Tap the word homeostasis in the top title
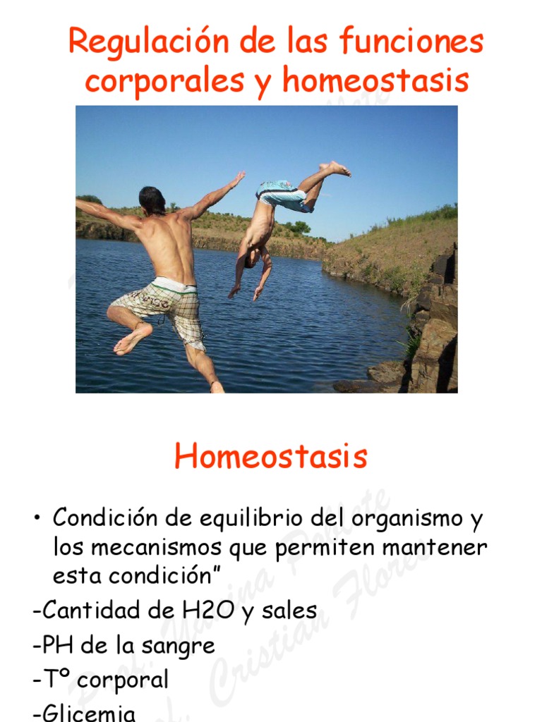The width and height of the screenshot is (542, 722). pyautogui.click(x=375, y=81)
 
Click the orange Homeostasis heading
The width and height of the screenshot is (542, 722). pyautogui.click(x=271, y=457)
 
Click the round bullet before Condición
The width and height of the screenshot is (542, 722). pyautogui.click(x=36, y=520)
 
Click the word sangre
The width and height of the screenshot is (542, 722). pyautogui.click(x=183, y=645)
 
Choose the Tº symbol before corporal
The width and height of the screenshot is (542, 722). pyautogui.click(x=58, y=680)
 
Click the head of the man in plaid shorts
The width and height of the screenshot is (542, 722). pyautogui.click(x=152, y=200)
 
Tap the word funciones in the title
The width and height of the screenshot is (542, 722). pyautogui.click(x=411, y=42)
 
